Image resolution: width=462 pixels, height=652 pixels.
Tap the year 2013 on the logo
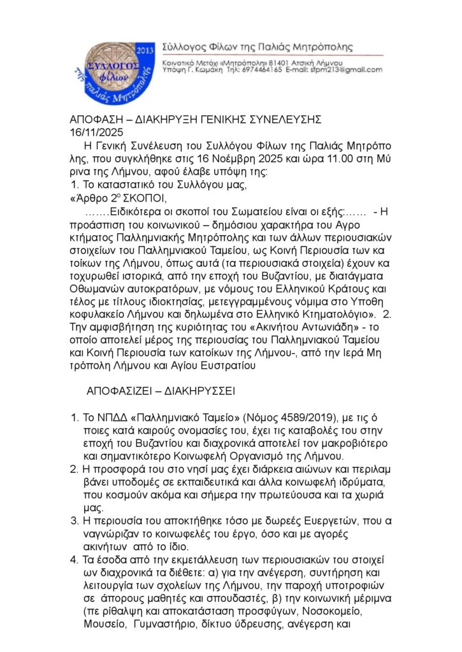(145, 50)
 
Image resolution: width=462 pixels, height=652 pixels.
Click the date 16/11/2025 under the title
(96, 132)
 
